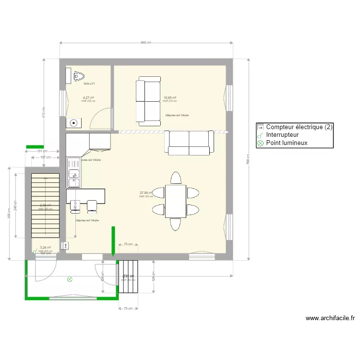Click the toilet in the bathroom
point(78,76)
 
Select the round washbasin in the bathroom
point(73,123)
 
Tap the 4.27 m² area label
point(88,97)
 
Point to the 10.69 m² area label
point(169,97)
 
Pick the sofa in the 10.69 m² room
point(148,101)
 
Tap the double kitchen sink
point(73,172)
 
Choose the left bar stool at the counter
point(75,205)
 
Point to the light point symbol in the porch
point(70,278)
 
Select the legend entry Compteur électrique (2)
point(294,127)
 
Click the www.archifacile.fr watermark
point(330,318)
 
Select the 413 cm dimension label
point(44,112)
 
